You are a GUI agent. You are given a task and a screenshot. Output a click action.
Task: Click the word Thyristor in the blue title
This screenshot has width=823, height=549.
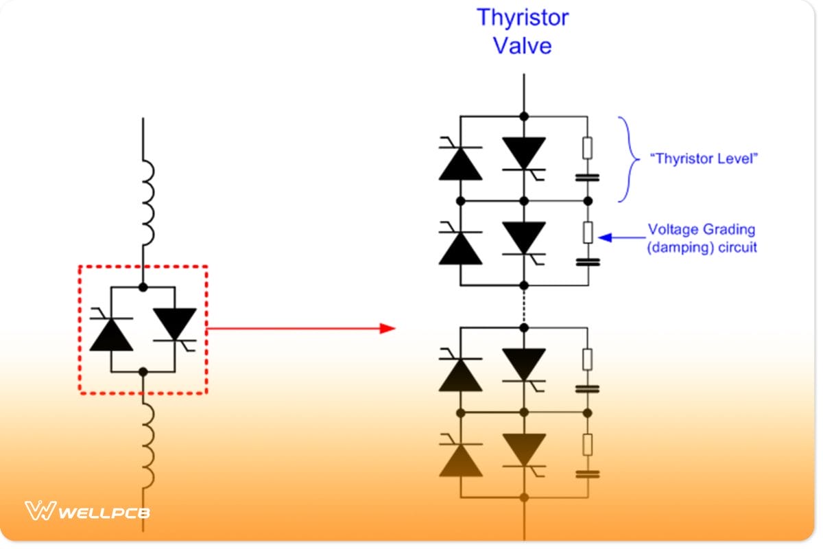click(523, 17)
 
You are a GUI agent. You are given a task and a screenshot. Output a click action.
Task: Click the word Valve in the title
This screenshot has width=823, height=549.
click(523, 46)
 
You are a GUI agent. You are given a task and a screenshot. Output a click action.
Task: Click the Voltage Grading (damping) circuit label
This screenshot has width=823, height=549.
click(702, 238)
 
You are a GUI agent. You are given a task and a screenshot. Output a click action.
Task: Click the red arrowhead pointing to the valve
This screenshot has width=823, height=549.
click(388, 329)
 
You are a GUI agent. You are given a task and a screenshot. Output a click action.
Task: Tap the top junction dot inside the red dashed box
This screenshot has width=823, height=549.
click(143, 287)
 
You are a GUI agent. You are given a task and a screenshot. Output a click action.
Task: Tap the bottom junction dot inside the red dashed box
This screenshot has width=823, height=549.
click(143, 372)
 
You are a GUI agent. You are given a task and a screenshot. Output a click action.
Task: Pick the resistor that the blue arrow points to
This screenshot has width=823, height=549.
click(587, 233)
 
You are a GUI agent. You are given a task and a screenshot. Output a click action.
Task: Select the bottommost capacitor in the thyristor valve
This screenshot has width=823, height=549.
click(587, 473)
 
